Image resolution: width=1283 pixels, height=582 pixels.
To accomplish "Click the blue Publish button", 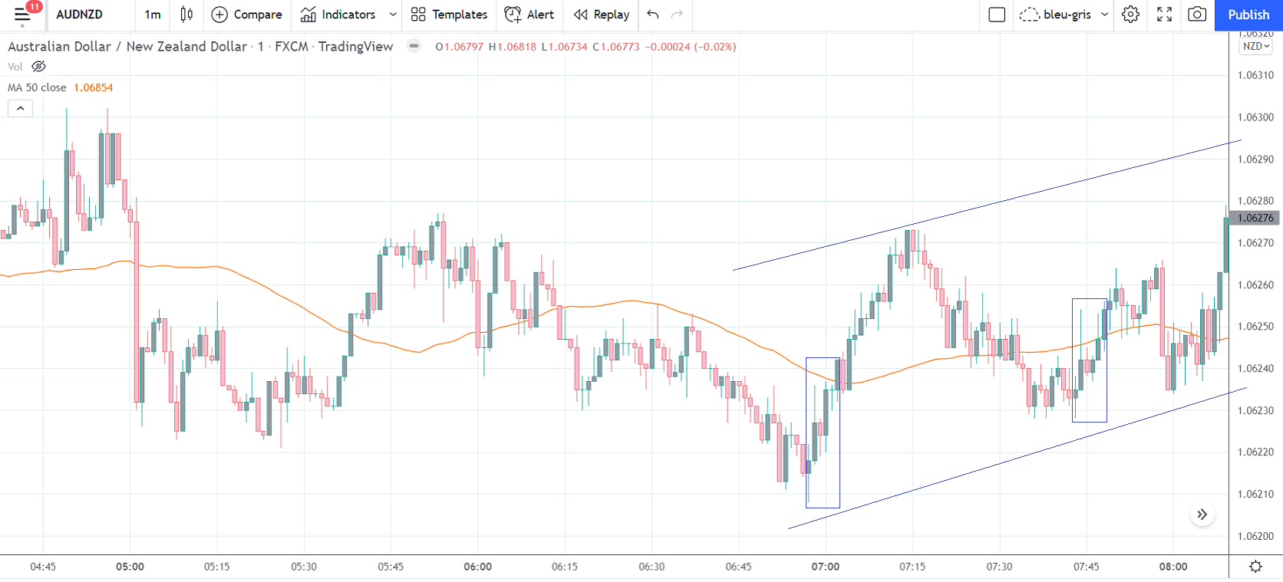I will pos(1248,15).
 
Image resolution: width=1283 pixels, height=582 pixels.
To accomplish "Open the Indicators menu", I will pos(338,15).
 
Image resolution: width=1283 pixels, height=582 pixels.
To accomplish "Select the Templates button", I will pos(449,15).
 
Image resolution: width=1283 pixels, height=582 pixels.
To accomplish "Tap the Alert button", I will pos(529,15).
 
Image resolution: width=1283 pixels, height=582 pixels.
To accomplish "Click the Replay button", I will pos(602,15).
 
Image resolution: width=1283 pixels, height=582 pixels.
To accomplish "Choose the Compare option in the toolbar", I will pos(246,15).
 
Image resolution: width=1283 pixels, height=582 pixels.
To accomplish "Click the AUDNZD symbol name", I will pos(79,15).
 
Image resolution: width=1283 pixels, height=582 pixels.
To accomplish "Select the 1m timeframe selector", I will pos(153,15).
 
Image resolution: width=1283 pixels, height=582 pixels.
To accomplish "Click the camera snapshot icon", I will pos(1196,15).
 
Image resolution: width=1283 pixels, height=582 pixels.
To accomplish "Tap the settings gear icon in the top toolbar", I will pos(1130,15).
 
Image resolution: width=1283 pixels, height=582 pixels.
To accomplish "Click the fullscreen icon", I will pos(1164,15).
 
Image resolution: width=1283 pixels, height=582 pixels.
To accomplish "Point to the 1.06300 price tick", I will pos(1255,117).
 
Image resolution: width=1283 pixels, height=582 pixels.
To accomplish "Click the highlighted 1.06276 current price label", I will pos(1255,218).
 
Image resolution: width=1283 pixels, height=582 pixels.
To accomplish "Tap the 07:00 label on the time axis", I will pos(826,567).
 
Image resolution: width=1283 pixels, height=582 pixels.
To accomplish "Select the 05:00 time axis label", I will pos(130,567).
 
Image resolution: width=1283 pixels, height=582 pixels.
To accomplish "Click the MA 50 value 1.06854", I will pos(93,87).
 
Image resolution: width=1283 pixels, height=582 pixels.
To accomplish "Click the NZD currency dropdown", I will pos(1255,46).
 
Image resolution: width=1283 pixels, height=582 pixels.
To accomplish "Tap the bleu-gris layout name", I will pos(1067,15).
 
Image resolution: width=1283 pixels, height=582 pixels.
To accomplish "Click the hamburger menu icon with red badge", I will pos(22,14).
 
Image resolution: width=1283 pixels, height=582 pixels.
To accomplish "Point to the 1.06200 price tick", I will pos(1255,536).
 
